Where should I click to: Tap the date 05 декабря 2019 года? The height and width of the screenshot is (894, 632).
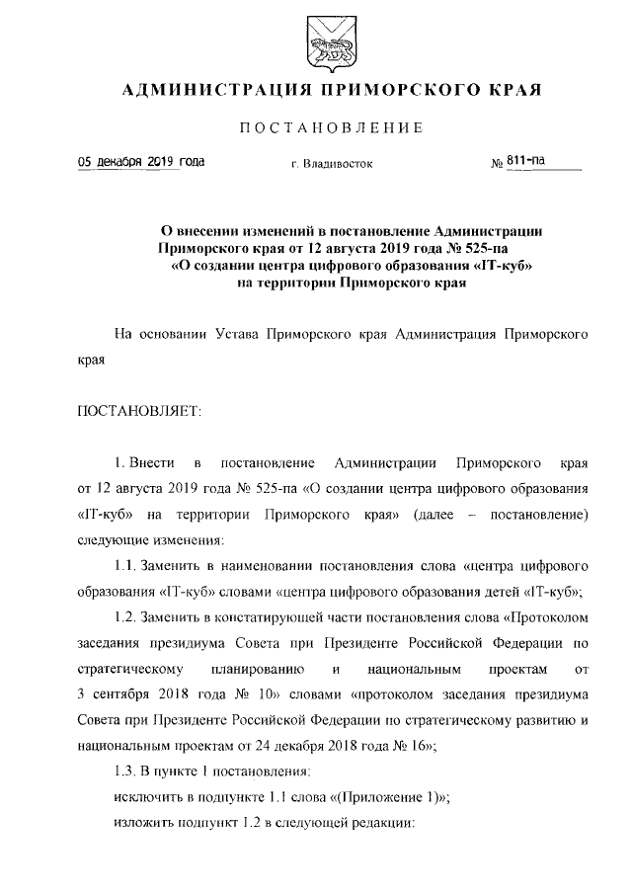(x=128, y=161)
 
